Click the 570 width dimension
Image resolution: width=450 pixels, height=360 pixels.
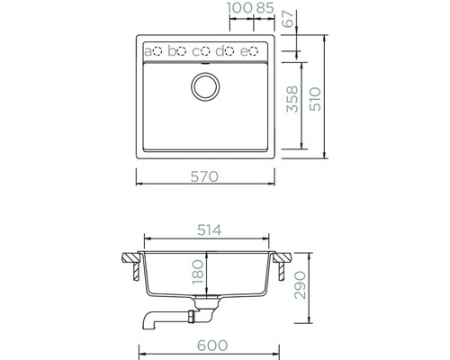pyautogui.click(x=205, y=177)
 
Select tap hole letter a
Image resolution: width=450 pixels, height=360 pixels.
pyautogui.click(x=148, y=50)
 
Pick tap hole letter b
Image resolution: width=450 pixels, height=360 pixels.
pyautogui.click(x=173, y=50)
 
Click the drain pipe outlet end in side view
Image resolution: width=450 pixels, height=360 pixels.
pyautogui.click(x=145, y=320)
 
